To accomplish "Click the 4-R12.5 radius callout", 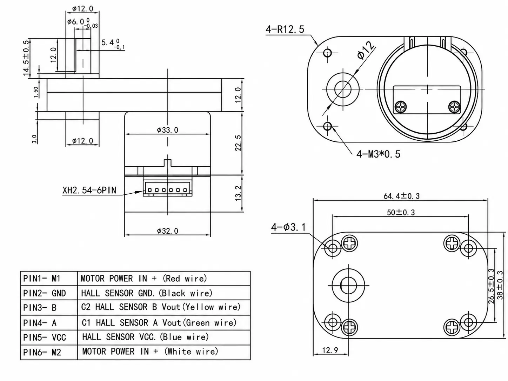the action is pos(285,29).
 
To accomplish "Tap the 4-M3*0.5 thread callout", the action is pos(378,154).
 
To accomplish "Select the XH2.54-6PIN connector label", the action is pos(89,190).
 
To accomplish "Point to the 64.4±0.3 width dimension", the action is pos(402,196).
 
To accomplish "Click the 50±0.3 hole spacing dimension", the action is pos(401,212).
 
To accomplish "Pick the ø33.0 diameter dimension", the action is pos(168,130).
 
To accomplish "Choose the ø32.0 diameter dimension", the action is pos(168,231).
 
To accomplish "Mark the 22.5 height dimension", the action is pos(238,143).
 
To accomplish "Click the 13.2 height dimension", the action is pos(238,193).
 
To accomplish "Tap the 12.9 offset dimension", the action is pos(330,350).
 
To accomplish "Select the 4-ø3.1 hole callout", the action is pos(288,227).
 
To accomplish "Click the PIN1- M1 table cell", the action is pos(42,278).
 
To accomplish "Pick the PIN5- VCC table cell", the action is pos(45,337).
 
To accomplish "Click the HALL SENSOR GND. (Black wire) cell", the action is pos(147,293).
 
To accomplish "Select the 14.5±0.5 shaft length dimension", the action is pos(26,58).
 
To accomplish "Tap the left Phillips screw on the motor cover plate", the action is pos(401,107).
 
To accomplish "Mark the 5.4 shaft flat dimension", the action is pos(113,44).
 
